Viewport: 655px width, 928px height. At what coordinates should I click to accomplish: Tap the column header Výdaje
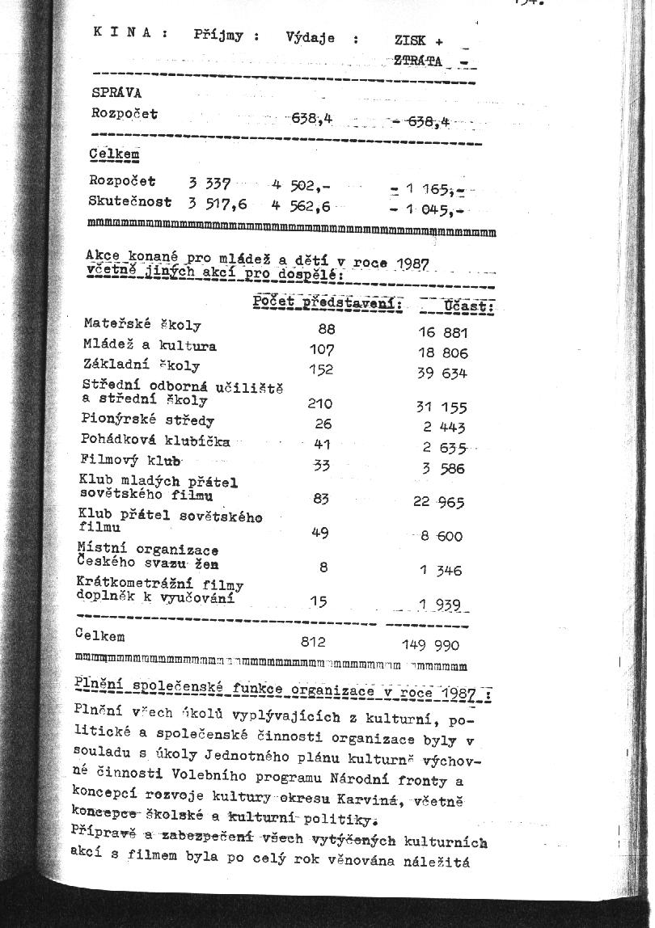(311, 37)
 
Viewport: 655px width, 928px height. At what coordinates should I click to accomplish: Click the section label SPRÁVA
(116, 92)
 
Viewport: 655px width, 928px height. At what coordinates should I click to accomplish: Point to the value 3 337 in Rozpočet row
(209, 183)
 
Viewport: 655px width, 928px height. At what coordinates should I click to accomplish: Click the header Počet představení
(327, 302)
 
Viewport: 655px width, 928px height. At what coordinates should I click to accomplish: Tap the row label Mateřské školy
(142, 324)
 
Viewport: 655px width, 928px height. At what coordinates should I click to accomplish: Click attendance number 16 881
(442, 331)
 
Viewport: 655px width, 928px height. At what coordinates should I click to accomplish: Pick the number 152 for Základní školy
(322, 369)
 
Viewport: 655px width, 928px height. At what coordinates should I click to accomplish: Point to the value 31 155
(442, 408)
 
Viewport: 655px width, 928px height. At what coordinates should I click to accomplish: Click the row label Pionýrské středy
(147, 420)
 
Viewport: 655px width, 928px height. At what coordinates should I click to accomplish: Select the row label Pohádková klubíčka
(155, 441)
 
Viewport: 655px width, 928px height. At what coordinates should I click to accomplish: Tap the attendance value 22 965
(439, 502)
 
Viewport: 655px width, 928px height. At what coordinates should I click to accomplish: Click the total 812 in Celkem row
(312, 642)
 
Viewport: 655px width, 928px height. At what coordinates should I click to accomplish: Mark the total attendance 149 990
(431, 645)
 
